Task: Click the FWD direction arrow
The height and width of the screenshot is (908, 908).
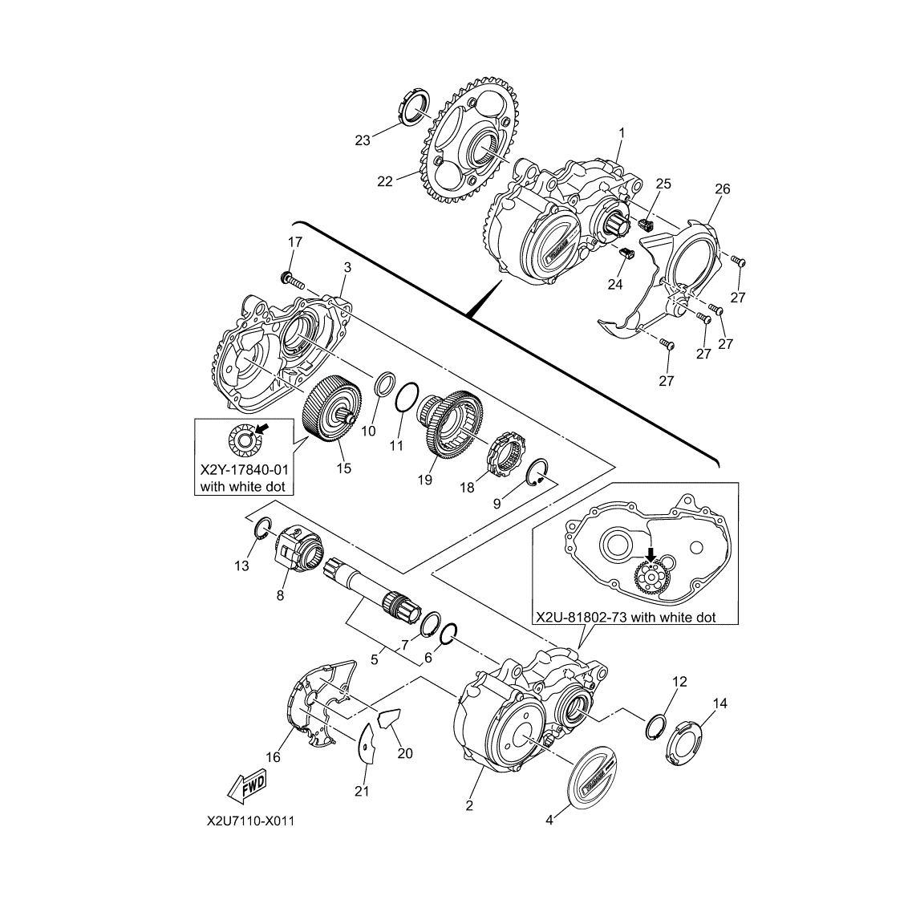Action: pyautogui.click(x=247, y=787)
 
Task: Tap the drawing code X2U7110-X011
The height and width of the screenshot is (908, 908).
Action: pyautogui.click(x=251, y=821)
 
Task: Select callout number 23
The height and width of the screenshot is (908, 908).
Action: pyautogui.click(x=363, y=140)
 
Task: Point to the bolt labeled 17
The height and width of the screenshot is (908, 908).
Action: pyautogui.click(x=293, y=281)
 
